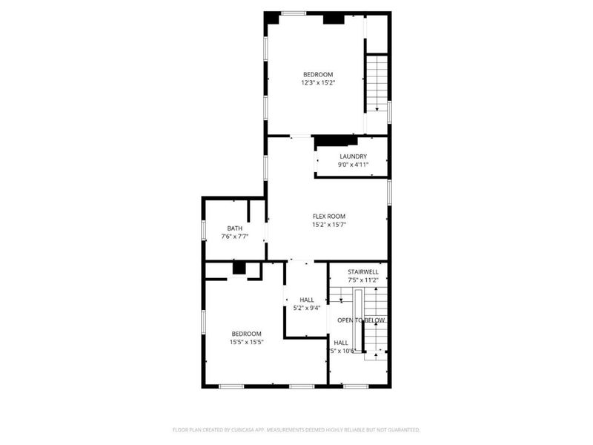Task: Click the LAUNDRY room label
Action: [353, 156]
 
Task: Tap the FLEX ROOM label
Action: [328, 216]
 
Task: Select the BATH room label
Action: [234, 228]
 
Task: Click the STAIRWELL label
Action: [362, 271]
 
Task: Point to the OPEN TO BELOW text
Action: [361, 320]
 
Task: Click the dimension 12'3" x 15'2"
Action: [317, 83]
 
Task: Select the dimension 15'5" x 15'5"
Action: [245, 342]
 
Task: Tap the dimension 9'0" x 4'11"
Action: [353, 164]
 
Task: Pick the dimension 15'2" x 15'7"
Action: [328, 224]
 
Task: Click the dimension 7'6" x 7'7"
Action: [234, 237]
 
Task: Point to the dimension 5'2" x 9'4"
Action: [306, 308]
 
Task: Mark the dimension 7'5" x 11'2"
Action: [362, 280]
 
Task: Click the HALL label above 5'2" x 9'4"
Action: [306, 300]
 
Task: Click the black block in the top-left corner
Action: [272, 18]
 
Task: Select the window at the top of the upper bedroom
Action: [294, 13]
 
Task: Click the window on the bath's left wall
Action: [204, 230]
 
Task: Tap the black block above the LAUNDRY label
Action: [336, 140]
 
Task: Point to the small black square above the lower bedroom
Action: [239, 268]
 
